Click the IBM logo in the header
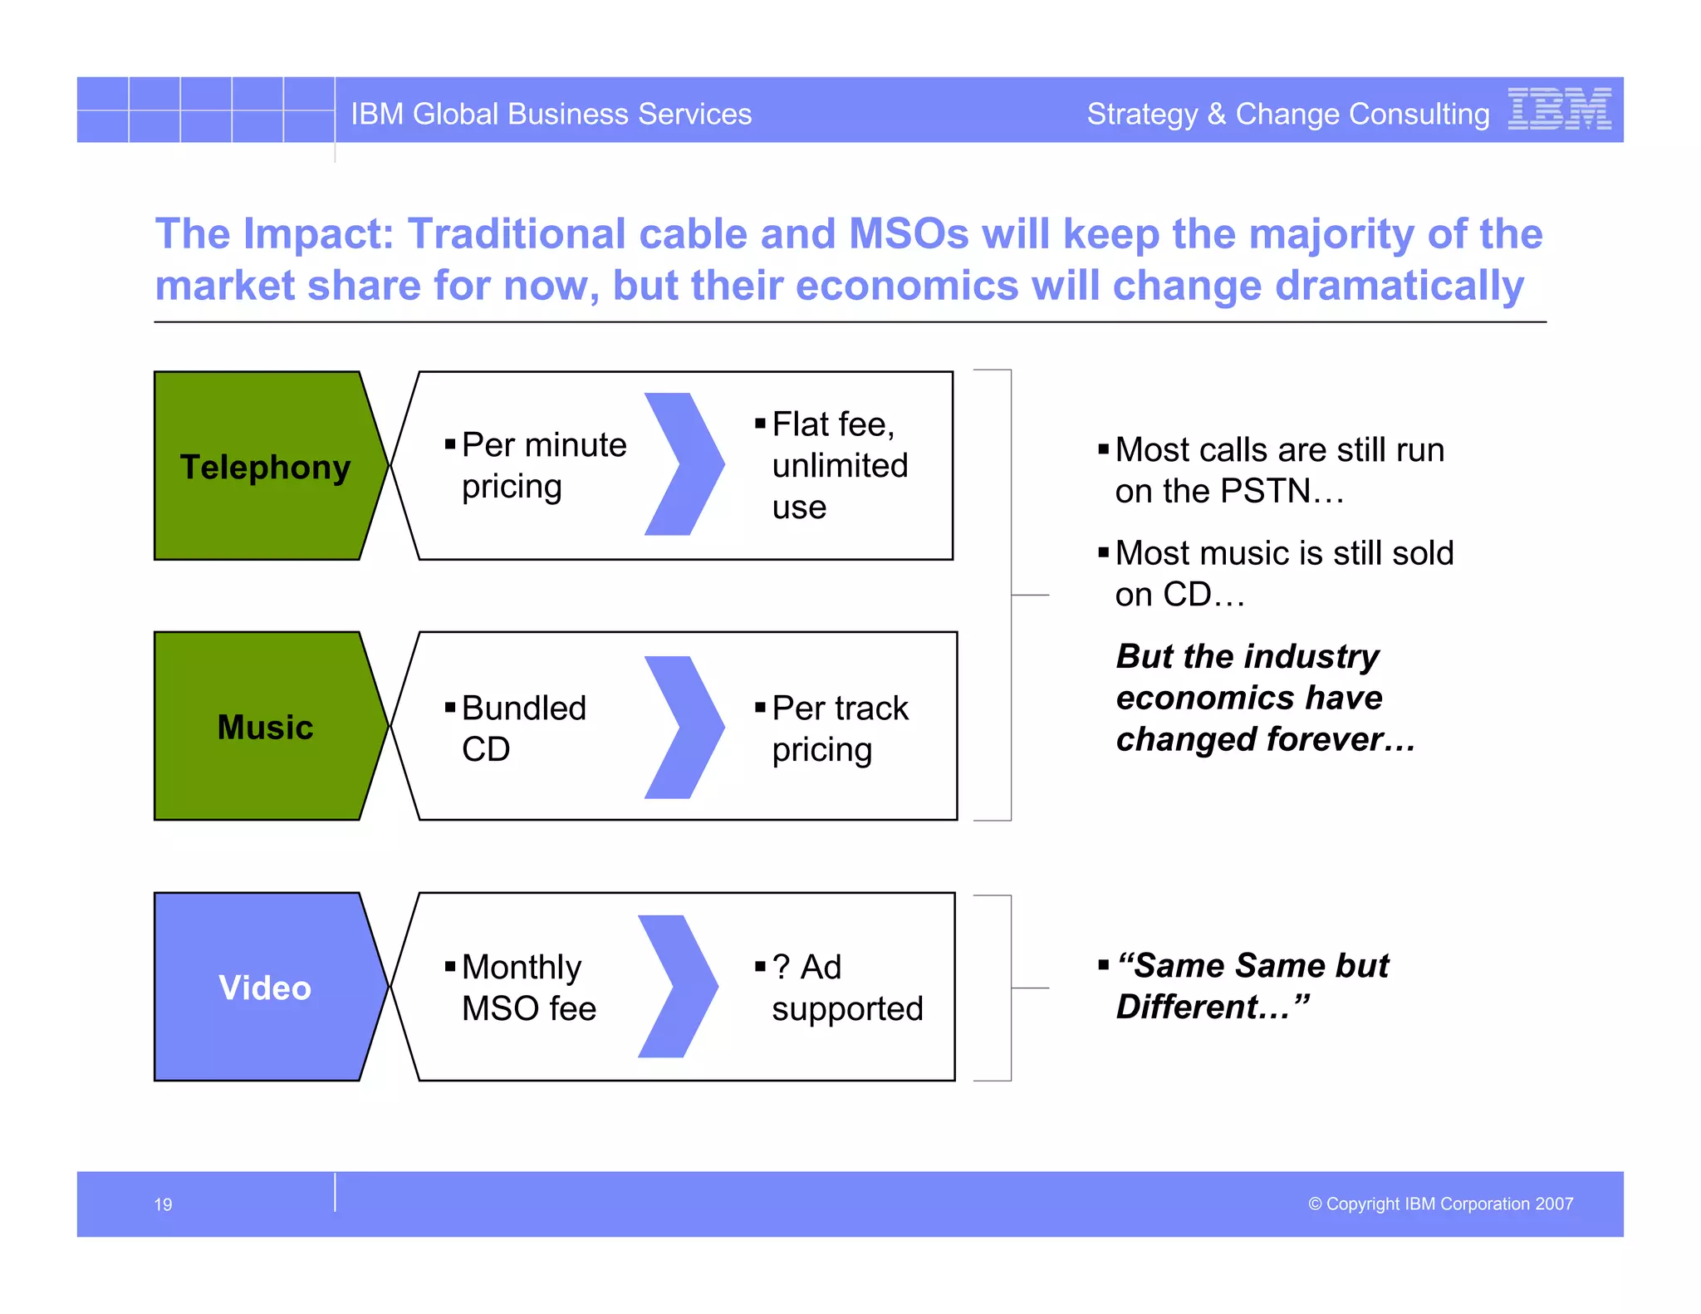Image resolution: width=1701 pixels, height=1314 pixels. [x=1559, y=109]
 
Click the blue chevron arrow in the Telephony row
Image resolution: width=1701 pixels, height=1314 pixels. [x=684, y=464]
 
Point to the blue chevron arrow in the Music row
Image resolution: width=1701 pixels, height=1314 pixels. [x=684, y=728]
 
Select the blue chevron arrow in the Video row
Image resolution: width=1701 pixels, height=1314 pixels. [x=678, y=987]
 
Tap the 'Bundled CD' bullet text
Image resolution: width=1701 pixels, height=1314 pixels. [x=522, y=728]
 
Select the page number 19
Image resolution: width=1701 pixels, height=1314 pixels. [x=163, y=1204]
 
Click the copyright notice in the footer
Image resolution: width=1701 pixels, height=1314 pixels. [x=1440, y=1204]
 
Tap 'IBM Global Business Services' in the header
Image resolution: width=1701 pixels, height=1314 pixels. [x=551, y=114]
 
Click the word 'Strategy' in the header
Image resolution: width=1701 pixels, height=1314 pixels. [x=1142, y=114]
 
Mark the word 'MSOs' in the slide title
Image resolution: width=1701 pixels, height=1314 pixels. [x=909, y=233]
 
